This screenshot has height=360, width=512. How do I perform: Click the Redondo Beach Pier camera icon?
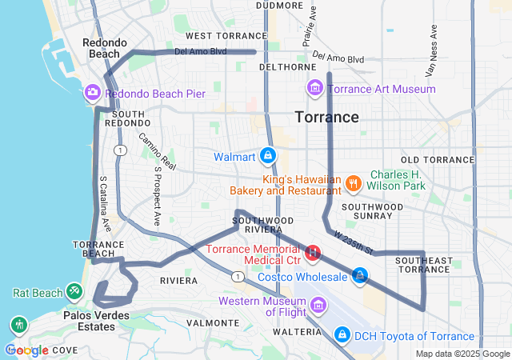(93, 94)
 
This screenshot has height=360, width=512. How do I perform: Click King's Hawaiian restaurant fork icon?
(353, 185)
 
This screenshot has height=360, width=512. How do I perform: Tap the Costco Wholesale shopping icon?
(360, 276)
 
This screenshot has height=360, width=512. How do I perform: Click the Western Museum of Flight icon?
(318, 305)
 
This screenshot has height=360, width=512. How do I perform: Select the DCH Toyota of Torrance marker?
(342, 333)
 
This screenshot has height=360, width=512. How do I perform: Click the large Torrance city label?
(327, 118)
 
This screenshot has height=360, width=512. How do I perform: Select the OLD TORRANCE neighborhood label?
(438, 160)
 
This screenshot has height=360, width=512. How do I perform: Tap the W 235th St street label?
(355, 239)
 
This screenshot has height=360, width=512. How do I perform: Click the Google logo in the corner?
(26, 350)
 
